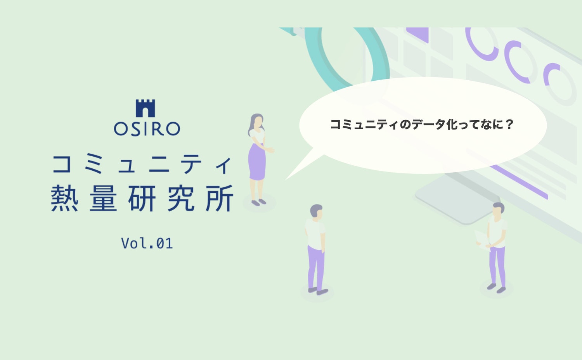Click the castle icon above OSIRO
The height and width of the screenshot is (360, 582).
click(x=145, y=108)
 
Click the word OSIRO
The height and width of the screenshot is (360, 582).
click(x=147, y=129)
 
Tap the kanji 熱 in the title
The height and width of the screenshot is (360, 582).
click(x=64, y=198)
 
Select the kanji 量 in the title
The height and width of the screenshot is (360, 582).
click(x=103, y=198)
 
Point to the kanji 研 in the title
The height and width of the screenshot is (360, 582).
click(x=142, y=198)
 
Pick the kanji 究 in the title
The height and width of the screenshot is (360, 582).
click(x=181, y=198)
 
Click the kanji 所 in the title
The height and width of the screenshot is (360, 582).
click(x=220, y=198)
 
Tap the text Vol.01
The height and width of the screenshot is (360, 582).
click(x=147, y=243)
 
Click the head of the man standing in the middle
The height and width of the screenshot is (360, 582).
click(x=316, y=212)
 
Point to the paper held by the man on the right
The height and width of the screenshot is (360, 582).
click(x=481, y=237)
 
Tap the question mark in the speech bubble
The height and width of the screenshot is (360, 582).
click(x=509, y=125)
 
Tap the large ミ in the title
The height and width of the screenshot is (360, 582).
click(x=94, y=164)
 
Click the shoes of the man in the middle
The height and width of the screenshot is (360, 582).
click(x=318, y=291)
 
